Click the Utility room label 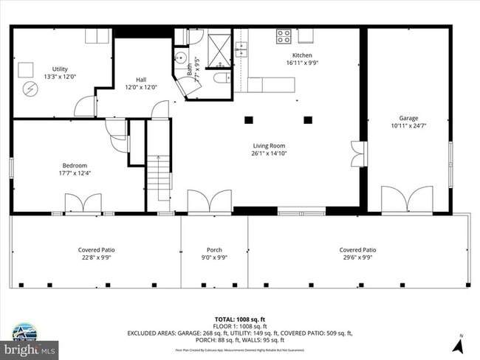60,69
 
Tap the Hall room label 145,80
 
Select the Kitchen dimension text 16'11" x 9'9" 302,63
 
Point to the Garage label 408,118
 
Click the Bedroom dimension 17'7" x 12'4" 75,173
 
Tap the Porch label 214,250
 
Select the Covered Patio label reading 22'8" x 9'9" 97,258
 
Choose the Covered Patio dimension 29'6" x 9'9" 357,258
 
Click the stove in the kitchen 284,35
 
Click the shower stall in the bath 219,42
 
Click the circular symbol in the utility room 30,89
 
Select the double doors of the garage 407,200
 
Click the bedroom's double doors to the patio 83,204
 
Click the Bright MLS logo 30,345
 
